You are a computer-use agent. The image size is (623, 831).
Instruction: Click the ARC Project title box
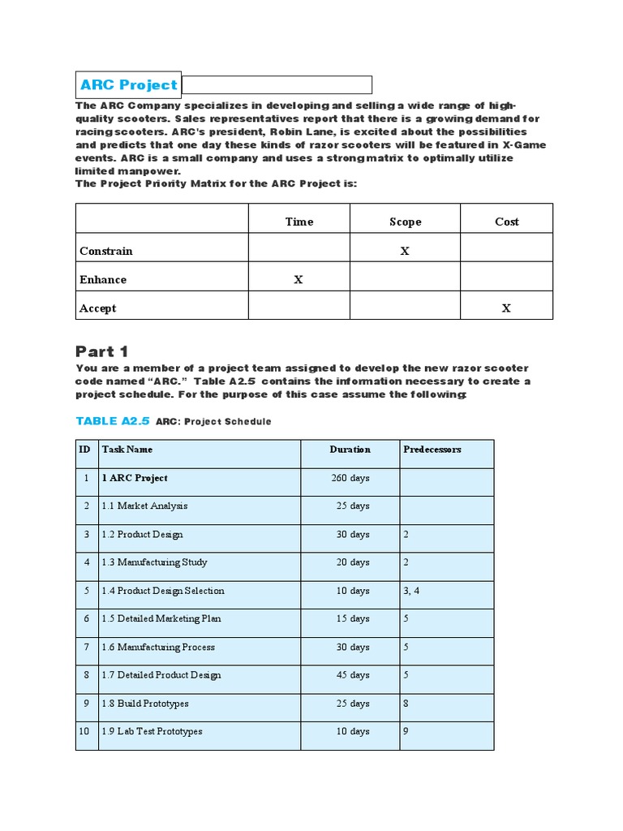128,84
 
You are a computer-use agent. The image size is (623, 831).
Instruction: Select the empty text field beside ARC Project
277,84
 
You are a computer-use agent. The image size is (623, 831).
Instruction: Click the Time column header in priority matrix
299,222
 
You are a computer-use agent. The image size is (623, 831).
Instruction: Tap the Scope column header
405,222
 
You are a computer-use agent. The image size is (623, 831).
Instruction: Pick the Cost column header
506,222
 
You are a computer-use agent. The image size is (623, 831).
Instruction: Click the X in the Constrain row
405,251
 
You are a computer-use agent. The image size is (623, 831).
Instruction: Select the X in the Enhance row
298,279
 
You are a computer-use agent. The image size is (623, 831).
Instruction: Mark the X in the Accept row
506,308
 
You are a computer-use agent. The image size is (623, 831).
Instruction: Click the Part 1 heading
102,351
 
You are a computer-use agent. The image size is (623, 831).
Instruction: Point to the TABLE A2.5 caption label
113,421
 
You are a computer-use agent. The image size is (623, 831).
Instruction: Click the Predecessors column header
432,450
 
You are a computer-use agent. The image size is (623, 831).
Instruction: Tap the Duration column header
350,450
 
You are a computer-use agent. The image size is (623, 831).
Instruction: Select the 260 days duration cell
350,478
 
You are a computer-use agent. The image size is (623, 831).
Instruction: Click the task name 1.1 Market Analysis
144,506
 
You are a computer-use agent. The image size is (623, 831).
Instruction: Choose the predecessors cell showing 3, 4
411,591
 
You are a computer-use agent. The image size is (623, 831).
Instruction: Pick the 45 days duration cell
353,675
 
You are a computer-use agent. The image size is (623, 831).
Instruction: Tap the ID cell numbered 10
85,731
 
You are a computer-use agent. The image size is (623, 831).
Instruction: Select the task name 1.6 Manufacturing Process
158,647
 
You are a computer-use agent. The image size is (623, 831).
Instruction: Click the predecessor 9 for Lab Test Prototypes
406,731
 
